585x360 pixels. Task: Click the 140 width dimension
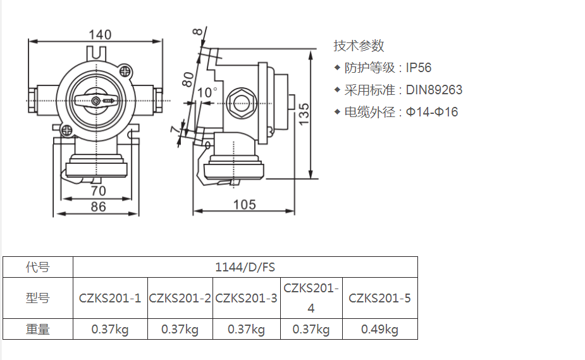[99, 35]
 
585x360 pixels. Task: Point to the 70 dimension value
[98, 190]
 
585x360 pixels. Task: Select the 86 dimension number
[98, 206]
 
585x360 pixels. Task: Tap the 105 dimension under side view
[244, 204]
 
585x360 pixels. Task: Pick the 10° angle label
[207, 93]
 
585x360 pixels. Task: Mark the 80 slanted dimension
[188, 79]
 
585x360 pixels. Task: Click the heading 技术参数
[359, 46]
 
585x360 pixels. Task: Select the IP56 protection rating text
[419, 68]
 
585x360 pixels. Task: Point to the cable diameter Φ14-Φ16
[432, 112]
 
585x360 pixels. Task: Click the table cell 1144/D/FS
[245, 267]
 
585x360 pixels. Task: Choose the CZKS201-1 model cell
[110, 297]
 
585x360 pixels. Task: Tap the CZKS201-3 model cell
[246, 297]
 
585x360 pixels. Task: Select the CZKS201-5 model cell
[379, 297]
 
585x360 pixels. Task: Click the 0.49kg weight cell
[379, 329]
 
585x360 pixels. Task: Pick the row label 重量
[38, 329]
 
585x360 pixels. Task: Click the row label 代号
[38, 267]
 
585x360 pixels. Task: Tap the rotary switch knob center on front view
[95, 101]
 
